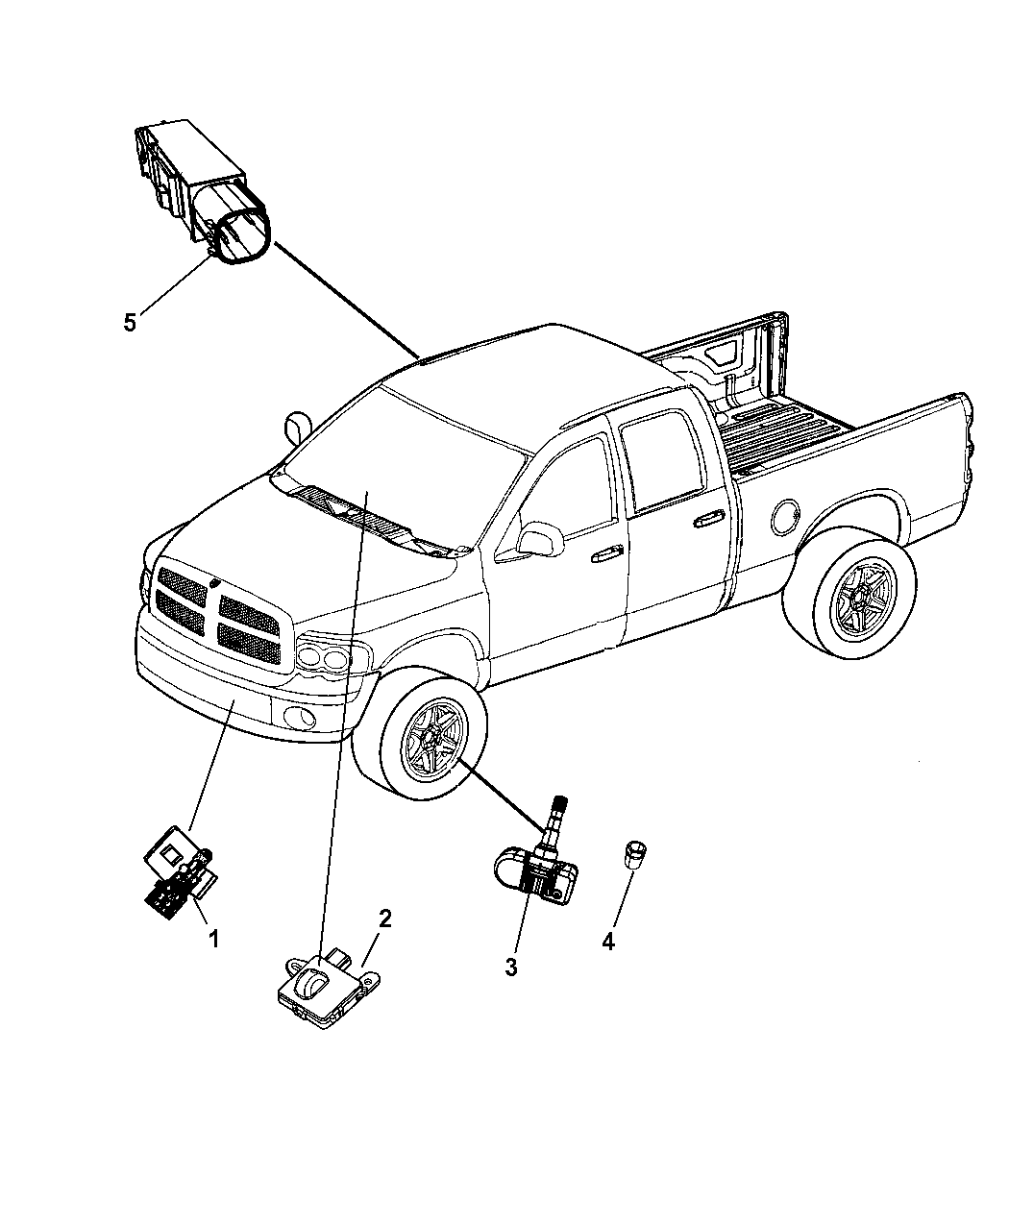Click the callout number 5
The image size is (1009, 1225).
coord(130,322)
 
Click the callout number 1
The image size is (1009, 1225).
coord(214,938)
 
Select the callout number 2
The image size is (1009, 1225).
coord(384,918)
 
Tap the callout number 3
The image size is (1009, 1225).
coord(511,968)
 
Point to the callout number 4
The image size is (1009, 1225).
coord(607,942)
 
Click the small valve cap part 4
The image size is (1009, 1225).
coord(634,854)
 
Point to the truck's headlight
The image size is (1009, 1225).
coord(325,659)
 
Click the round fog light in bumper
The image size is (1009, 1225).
coord(292,716)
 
